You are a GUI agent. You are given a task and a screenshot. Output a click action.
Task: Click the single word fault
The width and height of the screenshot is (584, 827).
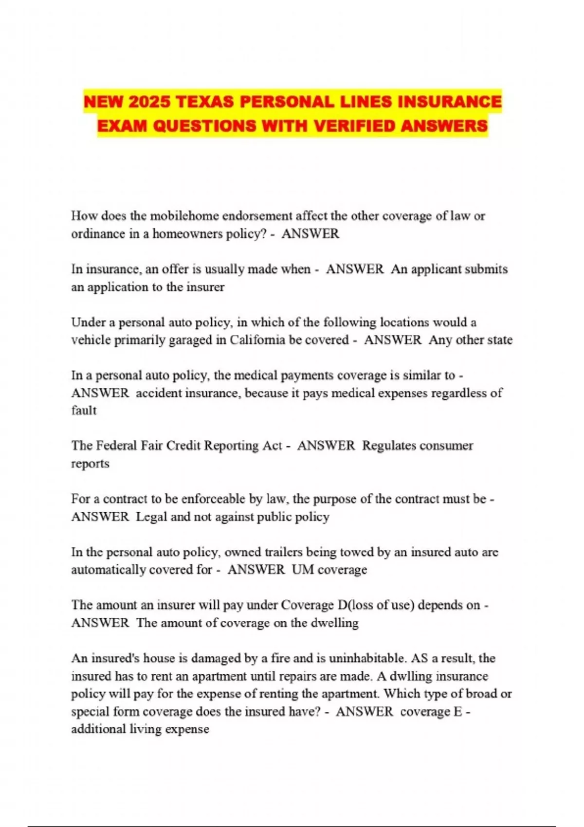pyautogui.click(x=84, y=410)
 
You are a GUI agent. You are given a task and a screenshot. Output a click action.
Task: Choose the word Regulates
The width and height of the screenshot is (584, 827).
pyautogui.click(x=389, y=446)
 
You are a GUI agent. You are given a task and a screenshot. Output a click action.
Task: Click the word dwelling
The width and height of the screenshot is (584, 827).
pyautogui.click(x=334, y=623)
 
